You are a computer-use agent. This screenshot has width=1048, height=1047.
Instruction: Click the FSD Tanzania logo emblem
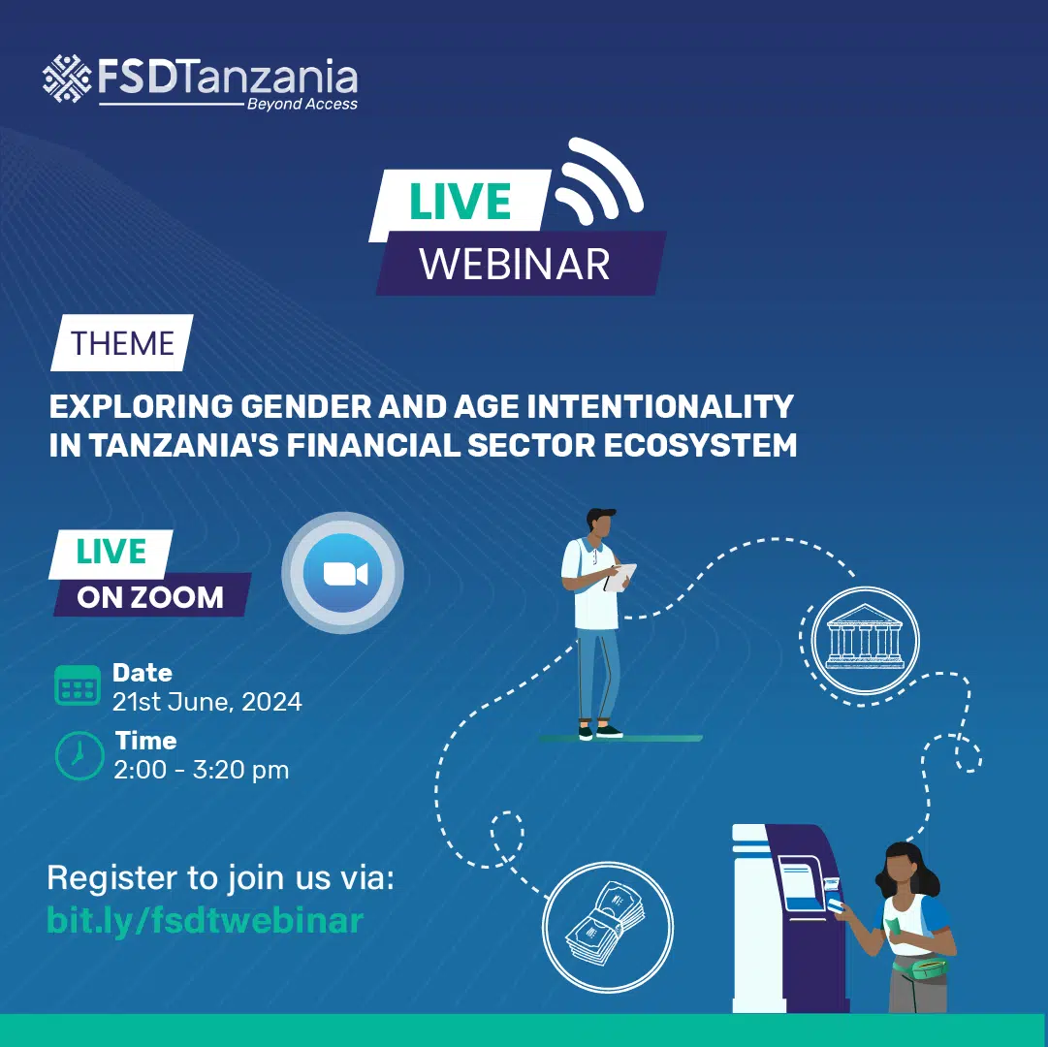point(67,79)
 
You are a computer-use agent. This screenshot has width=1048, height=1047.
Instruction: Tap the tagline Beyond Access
point(302,104)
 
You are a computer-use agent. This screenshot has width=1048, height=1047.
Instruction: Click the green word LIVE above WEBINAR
point(460,201)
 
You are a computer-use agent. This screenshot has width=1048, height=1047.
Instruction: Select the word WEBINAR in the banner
point(515,264)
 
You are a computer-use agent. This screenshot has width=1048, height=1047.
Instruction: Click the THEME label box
point(121,343)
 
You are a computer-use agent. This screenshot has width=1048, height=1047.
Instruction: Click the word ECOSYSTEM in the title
point(700,446)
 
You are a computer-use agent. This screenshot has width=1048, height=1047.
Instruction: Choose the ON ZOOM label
point(150,597)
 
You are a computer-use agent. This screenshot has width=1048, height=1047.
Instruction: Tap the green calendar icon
point(78,684)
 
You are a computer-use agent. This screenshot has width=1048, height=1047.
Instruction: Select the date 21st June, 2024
point(207,702)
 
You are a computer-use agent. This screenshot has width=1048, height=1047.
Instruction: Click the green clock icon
point(79,756)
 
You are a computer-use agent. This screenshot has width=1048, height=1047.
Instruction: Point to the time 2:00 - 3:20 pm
point(202,771)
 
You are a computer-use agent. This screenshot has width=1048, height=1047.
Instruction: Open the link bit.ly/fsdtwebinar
point(206,920)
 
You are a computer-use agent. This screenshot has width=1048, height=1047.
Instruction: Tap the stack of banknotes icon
point(606,923)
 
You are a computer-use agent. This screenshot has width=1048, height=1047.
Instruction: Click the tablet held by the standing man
point(620,577)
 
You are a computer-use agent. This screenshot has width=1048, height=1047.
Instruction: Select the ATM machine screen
point(802,883)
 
